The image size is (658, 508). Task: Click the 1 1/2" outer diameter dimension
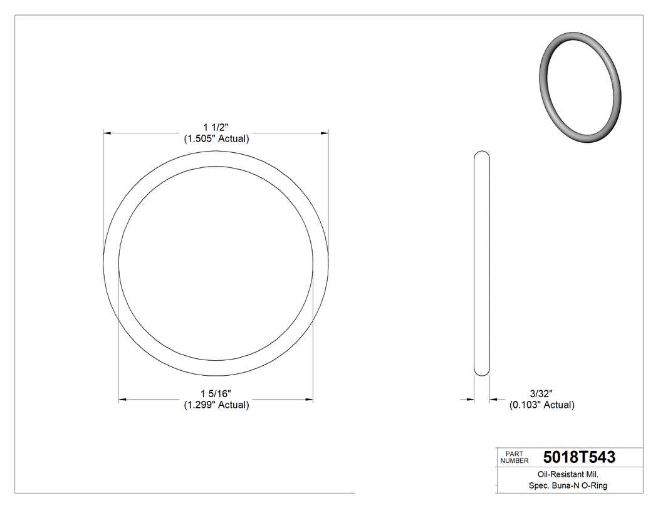(216, 128)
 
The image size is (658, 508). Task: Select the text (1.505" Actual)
(216, 139)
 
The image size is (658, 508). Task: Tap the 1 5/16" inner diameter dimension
(216, 393)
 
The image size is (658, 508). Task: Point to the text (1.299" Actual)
(216, 405)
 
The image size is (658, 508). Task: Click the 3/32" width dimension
(541, 393)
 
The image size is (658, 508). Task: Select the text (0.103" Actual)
(541, 405)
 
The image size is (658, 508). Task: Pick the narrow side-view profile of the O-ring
(481, 263)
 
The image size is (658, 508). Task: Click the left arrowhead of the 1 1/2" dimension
(107, 133)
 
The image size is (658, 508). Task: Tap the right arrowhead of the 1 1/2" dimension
(325, 133)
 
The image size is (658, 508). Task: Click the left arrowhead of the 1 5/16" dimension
(123, 399)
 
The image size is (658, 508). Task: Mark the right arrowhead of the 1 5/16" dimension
(309, 399)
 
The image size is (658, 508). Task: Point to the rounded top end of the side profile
(481, 154)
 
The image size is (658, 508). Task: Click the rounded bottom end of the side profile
(481, 373)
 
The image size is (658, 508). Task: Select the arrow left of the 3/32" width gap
(469, 399)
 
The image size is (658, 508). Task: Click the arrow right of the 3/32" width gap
(494, 399)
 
